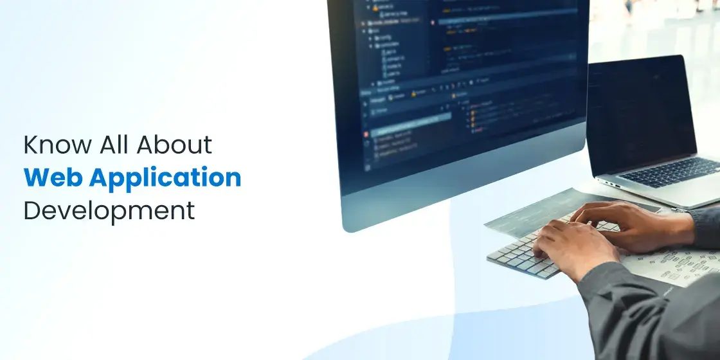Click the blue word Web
point(51,178)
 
